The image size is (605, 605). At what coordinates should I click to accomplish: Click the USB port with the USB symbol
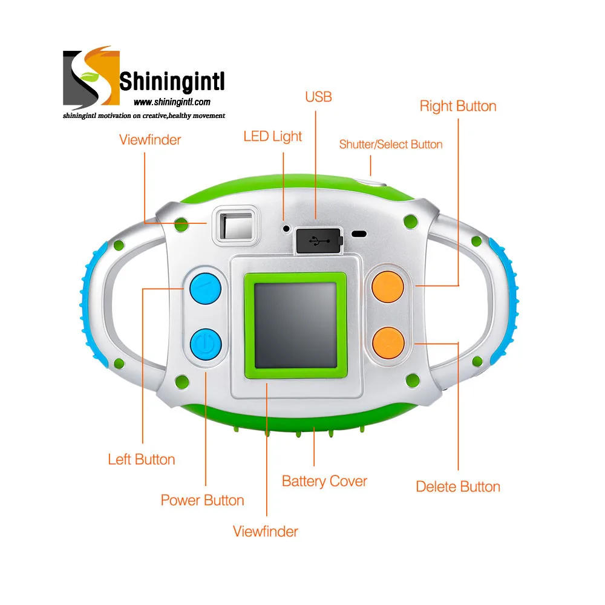click(319, 241)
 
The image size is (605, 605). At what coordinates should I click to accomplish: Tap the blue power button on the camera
click(206, 344)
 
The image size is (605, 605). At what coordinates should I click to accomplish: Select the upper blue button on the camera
click(206, 288)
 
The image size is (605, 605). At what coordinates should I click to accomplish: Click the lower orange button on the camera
click(388, 343)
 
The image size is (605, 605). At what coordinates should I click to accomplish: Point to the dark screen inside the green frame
click(296, 325)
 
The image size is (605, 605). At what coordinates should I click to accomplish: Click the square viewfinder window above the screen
click(236, 226)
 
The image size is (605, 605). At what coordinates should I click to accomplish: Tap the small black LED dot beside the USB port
click(286, 229)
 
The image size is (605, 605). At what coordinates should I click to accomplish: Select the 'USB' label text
click(318, 97)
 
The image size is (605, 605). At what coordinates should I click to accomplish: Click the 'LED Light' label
click(272, 137)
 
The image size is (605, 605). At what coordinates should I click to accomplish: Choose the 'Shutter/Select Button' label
click(391, 145)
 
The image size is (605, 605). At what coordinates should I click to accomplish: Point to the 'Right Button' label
click(458, 106)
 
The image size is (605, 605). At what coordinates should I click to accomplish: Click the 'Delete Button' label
click(458, 486)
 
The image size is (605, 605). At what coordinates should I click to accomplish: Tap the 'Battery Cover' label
click(324, 482)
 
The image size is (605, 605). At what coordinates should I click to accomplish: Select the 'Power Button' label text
click(203, 500)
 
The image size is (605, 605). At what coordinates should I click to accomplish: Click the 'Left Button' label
click(142, 459)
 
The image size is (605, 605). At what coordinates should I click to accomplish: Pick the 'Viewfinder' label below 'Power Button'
click(266, 531)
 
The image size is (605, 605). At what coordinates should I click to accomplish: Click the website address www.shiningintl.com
click(172, 102)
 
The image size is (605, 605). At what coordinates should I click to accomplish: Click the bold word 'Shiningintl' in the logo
click(172, 81)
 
